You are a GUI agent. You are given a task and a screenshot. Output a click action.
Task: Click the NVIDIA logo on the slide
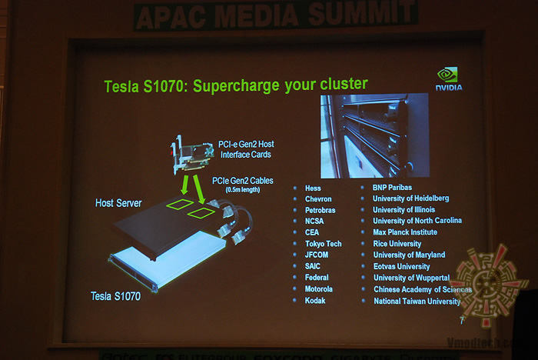pos(449,79)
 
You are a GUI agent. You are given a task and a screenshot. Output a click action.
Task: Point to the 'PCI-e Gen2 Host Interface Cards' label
pos(244,148)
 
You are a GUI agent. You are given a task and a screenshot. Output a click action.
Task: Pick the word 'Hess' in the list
pos(313,188)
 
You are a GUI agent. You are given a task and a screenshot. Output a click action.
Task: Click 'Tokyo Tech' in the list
pos(323,244)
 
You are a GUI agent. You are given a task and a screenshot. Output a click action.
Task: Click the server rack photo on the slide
pos(374,135)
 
